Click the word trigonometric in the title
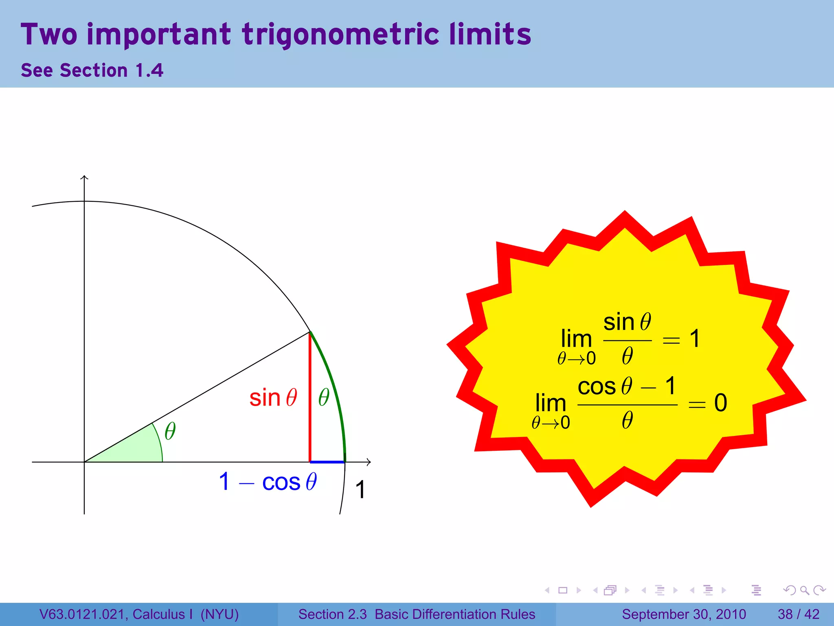340,35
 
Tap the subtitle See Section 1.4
92,71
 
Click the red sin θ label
273,398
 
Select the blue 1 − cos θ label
268,482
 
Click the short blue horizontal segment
327,462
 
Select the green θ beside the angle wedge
170,431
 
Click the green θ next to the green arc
324,397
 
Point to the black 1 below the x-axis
360,489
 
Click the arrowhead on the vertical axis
84,177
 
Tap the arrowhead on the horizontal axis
369,462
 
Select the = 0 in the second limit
708,403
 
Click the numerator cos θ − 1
627,386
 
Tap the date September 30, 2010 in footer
684,614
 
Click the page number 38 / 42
798,614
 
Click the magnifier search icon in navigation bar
804,590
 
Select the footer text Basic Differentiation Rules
455,614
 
